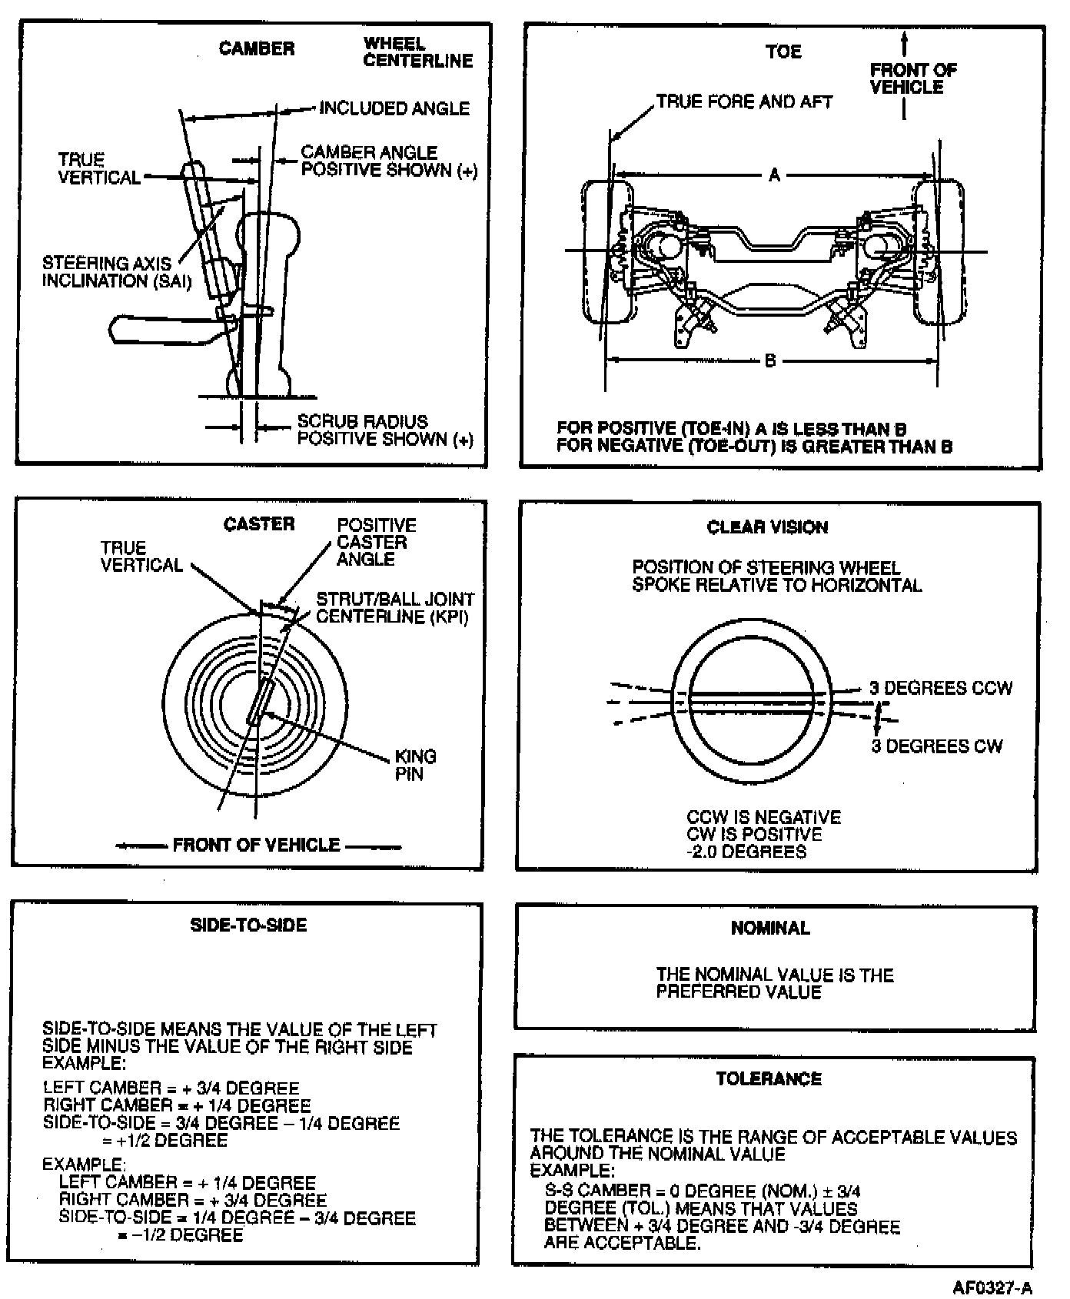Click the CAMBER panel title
tap(257, 49)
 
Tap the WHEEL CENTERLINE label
tap(417, 52)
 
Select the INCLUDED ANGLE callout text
tap(394, 108)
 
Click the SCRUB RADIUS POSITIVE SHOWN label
tap(384, 430)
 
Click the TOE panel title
tap(783, 52)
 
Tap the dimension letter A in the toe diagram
tap(775, 175)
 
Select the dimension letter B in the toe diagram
tap(770, 360)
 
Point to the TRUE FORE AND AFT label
tap(744, 102)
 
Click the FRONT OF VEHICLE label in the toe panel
tap(912, 78)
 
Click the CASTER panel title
tap(259, 524)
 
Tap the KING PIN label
tap(415, 765)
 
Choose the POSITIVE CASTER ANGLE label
tap(376, 542)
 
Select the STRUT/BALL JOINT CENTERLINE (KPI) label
tap(395, 607)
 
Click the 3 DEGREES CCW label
tap(941, 688)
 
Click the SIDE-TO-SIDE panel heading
tap(248, 925)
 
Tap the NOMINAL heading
tap(770, 929)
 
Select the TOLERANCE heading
tap(769, 1079)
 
